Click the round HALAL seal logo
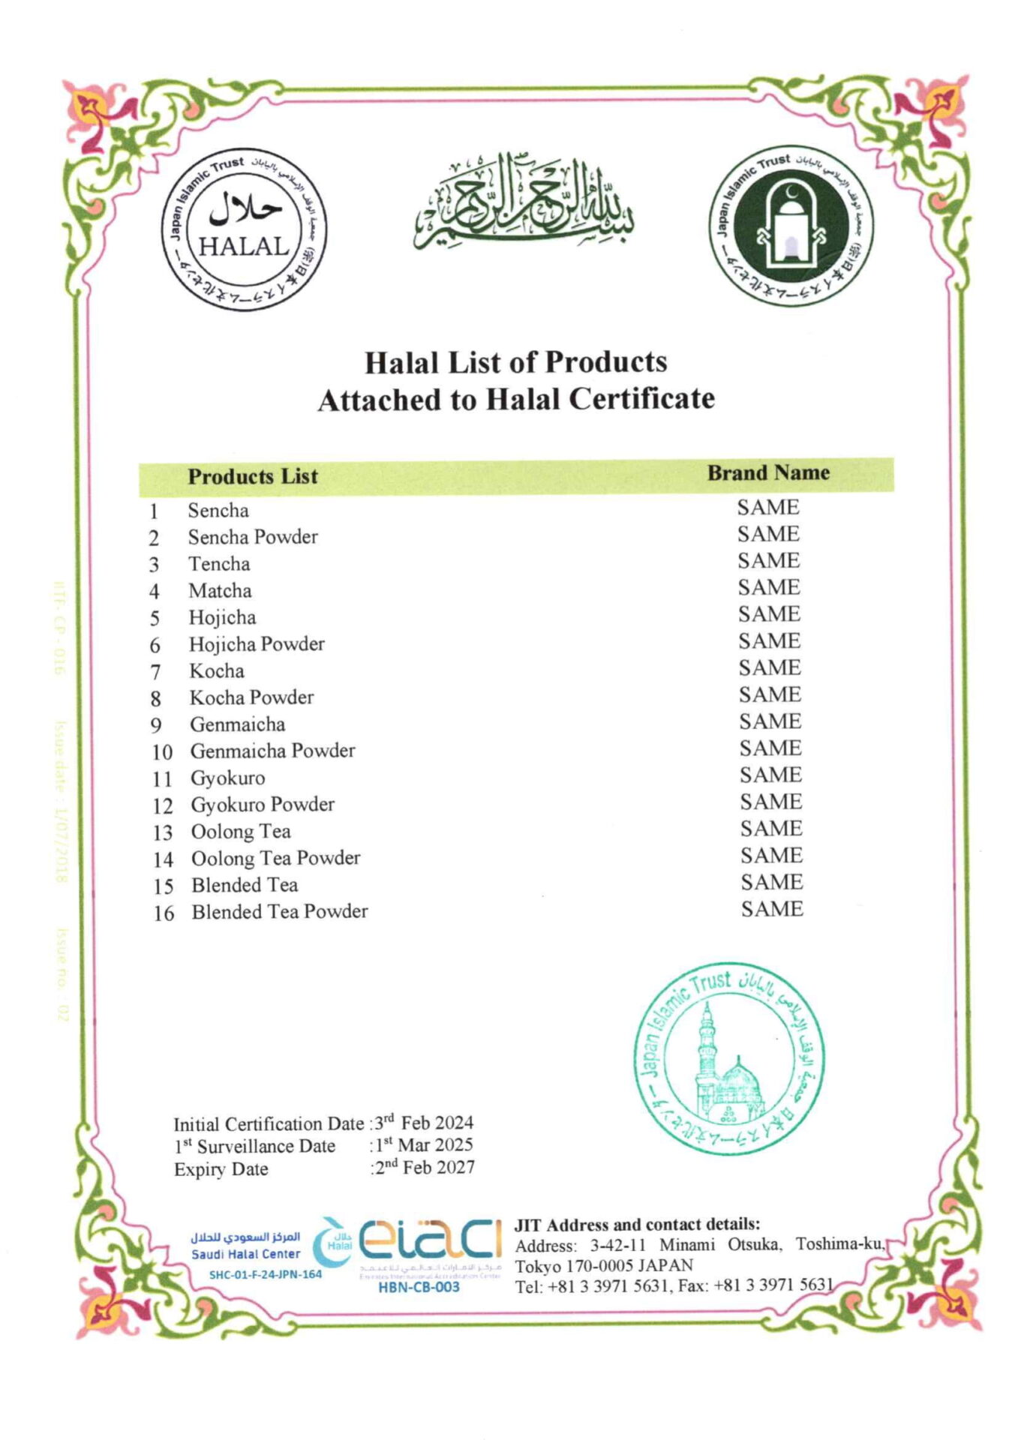coord(244,229)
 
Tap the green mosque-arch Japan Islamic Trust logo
coord(791,226)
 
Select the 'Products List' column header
coord(253,476)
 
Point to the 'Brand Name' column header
coord(768,472)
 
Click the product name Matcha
coord(220,591)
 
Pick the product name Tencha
coord(219,564)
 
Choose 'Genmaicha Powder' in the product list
coord(272,751)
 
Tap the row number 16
coord(164,913)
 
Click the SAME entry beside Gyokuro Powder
coord(771,802)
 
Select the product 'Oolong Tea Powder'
coord(275,858)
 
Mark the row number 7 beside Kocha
coord(155,672)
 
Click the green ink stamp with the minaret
coord(728,1058)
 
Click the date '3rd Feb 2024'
coord(425,1123)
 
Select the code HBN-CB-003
coord(419,1287)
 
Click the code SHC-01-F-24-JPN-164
coord(265,1274)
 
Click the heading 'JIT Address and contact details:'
coord(637,1225)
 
